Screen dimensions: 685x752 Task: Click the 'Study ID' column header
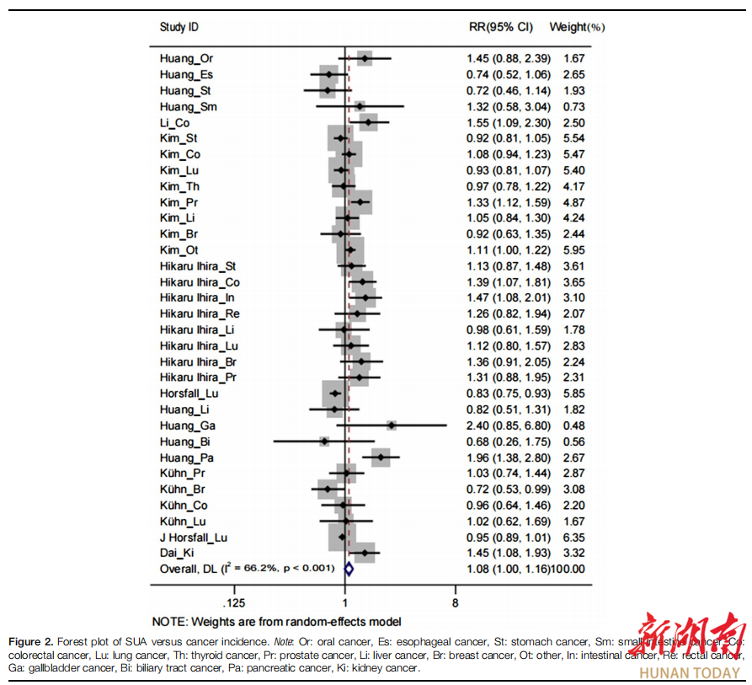point(179,27)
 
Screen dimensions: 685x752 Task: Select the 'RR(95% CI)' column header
point(500,27)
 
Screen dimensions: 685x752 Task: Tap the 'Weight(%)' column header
point(577,27)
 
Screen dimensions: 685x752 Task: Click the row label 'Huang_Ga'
point(187,425)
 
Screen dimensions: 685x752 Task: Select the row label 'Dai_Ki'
point(179,553)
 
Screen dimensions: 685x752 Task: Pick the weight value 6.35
point(573,537)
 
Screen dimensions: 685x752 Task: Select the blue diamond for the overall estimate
point(349,570)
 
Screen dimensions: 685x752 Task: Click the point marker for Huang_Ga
point(391,425)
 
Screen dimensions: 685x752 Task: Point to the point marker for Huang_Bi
point(324,442)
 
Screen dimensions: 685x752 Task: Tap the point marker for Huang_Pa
point(381,458)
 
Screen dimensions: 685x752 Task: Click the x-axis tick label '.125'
point(234,603)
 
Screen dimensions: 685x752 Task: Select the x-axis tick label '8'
point(455,603)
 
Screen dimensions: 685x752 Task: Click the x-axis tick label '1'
point(345,603)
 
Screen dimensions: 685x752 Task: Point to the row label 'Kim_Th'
point(180,186)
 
